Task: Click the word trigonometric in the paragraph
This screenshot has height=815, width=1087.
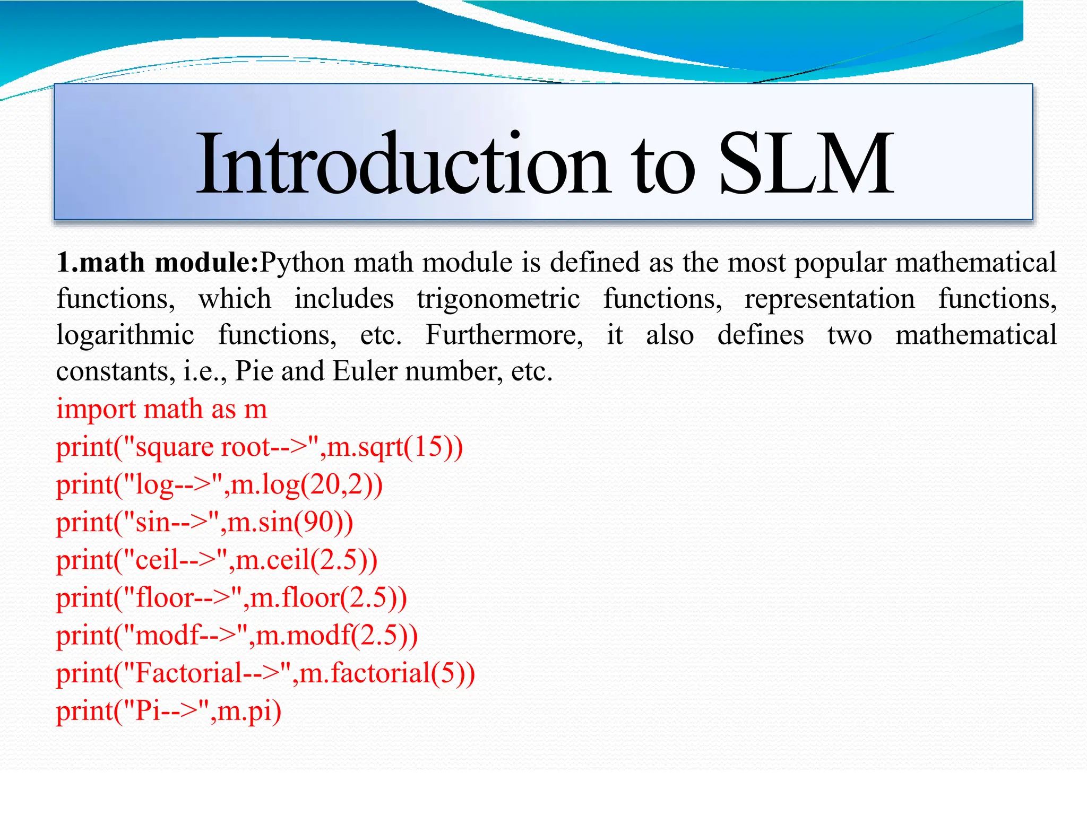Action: pos(498,299)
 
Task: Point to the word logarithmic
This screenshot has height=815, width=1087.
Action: pos(125,335)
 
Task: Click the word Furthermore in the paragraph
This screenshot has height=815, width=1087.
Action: pos(504,335)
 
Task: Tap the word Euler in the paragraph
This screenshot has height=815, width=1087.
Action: pos(365,371)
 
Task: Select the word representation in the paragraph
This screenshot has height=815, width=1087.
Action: pos(829,299)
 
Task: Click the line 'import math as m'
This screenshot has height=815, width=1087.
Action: pos(162,409)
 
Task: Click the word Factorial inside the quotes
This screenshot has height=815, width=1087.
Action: pos(189,673)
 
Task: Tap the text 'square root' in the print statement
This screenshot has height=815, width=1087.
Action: pos(203,447)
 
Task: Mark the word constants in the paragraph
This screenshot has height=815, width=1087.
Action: pos(115,371)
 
